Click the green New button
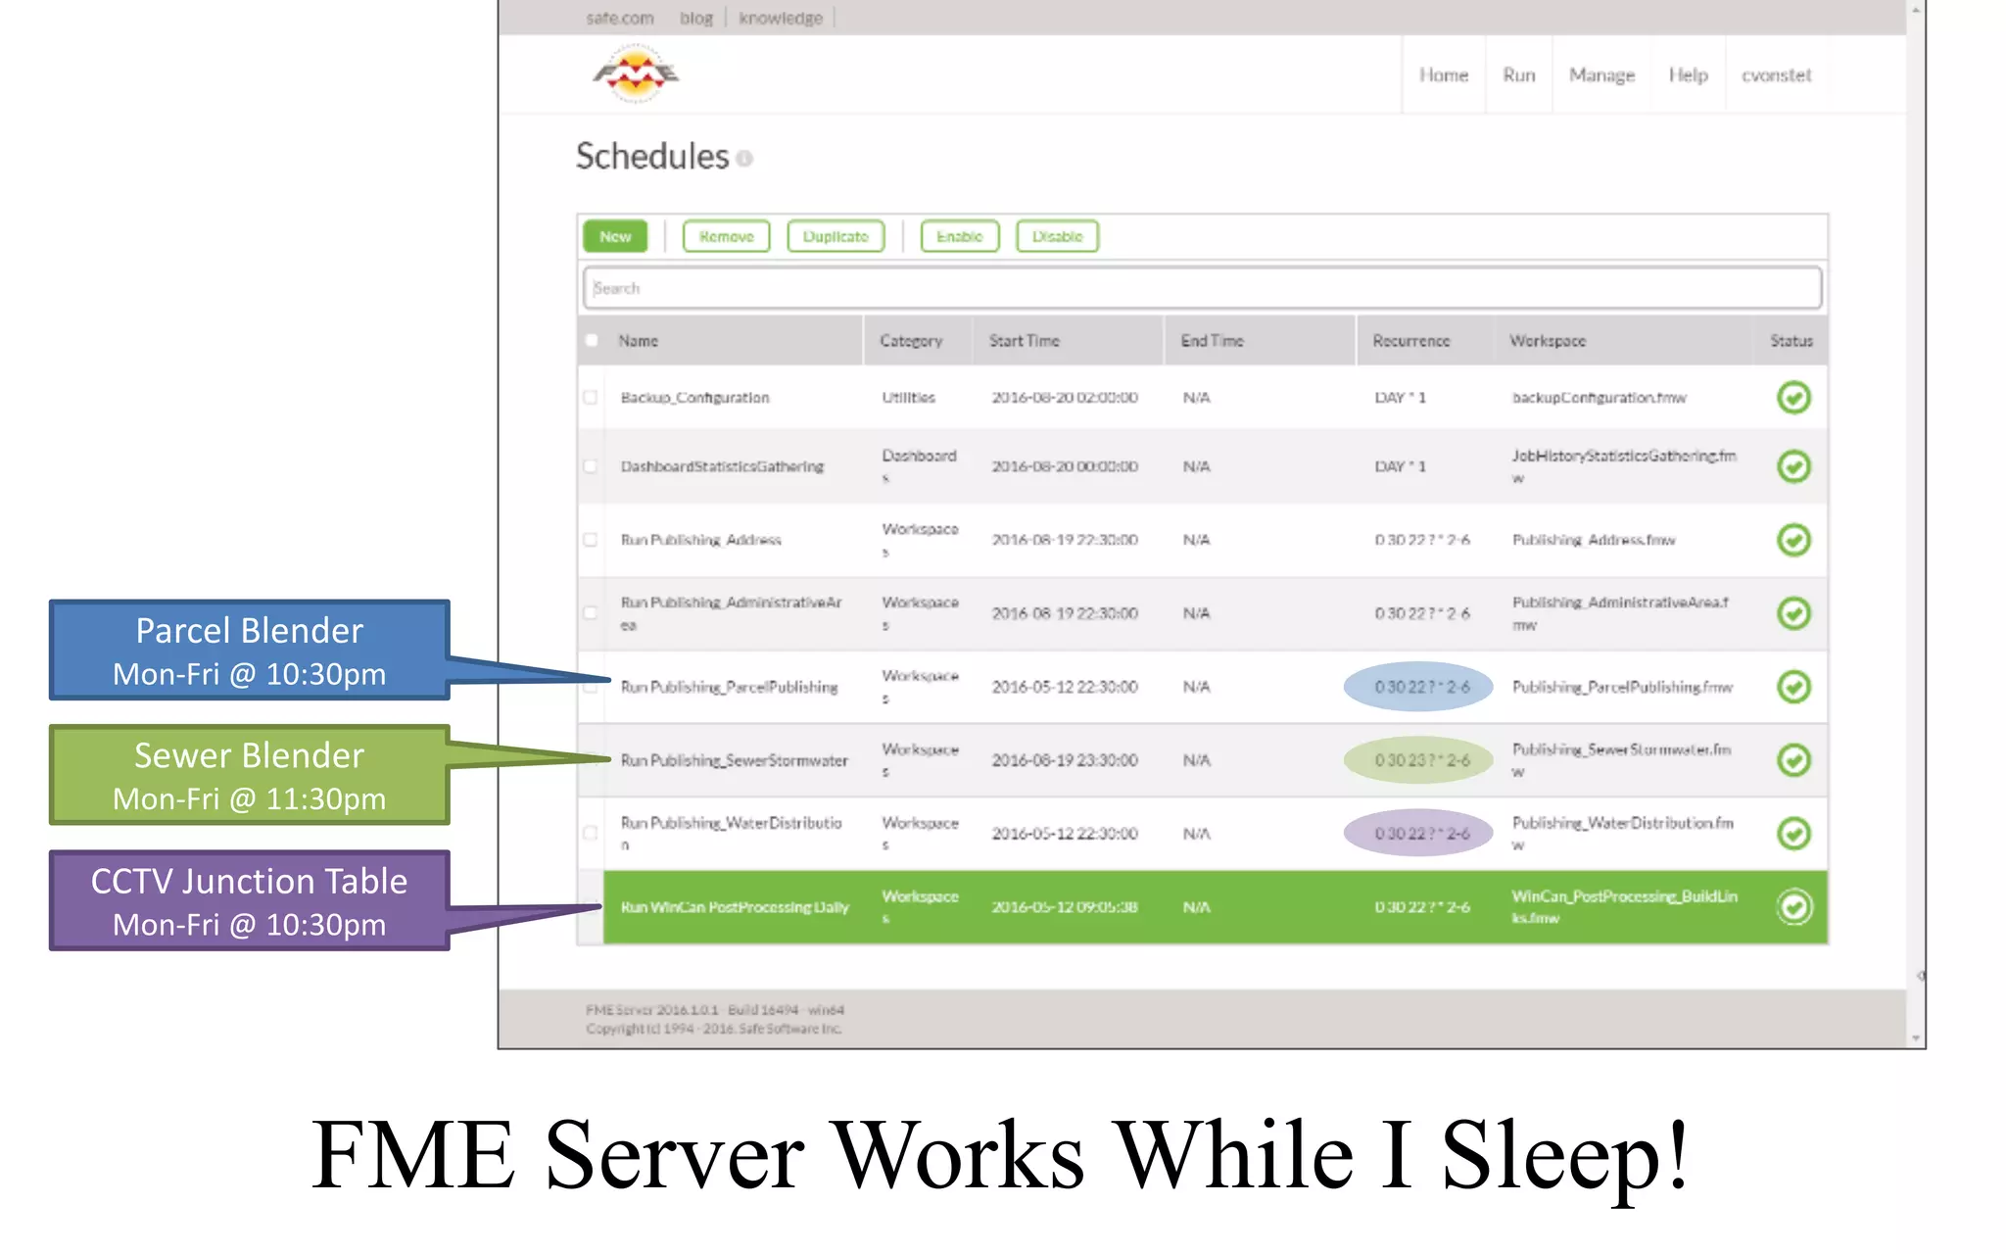click(x=615, y=236)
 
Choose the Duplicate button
click(x=836, y=236)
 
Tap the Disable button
click(x=1057, y=236)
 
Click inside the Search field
click(x=1202, y=288)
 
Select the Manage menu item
click(x=1601, y=75)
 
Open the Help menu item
click(x=1688, y=75)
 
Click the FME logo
click(x=636, y=73)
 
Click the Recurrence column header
click(x=1410, y=341)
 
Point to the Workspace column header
click(x=1547, y=341)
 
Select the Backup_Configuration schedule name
click(x=694, y=398)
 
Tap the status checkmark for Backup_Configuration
click(x=1793, y=398)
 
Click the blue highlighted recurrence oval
click(x=1418, y=687)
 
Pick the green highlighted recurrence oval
click(x=1418, y=760)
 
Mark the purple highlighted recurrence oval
click(x=1418, y=834)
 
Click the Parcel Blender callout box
click(x=249, y=651)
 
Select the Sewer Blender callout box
click(x=249, y=775)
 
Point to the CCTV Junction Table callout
click(x=249, y=900)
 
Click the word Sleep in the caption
click(x=1564, y=1156)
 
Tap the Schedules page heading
click(x=652, y=157)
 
